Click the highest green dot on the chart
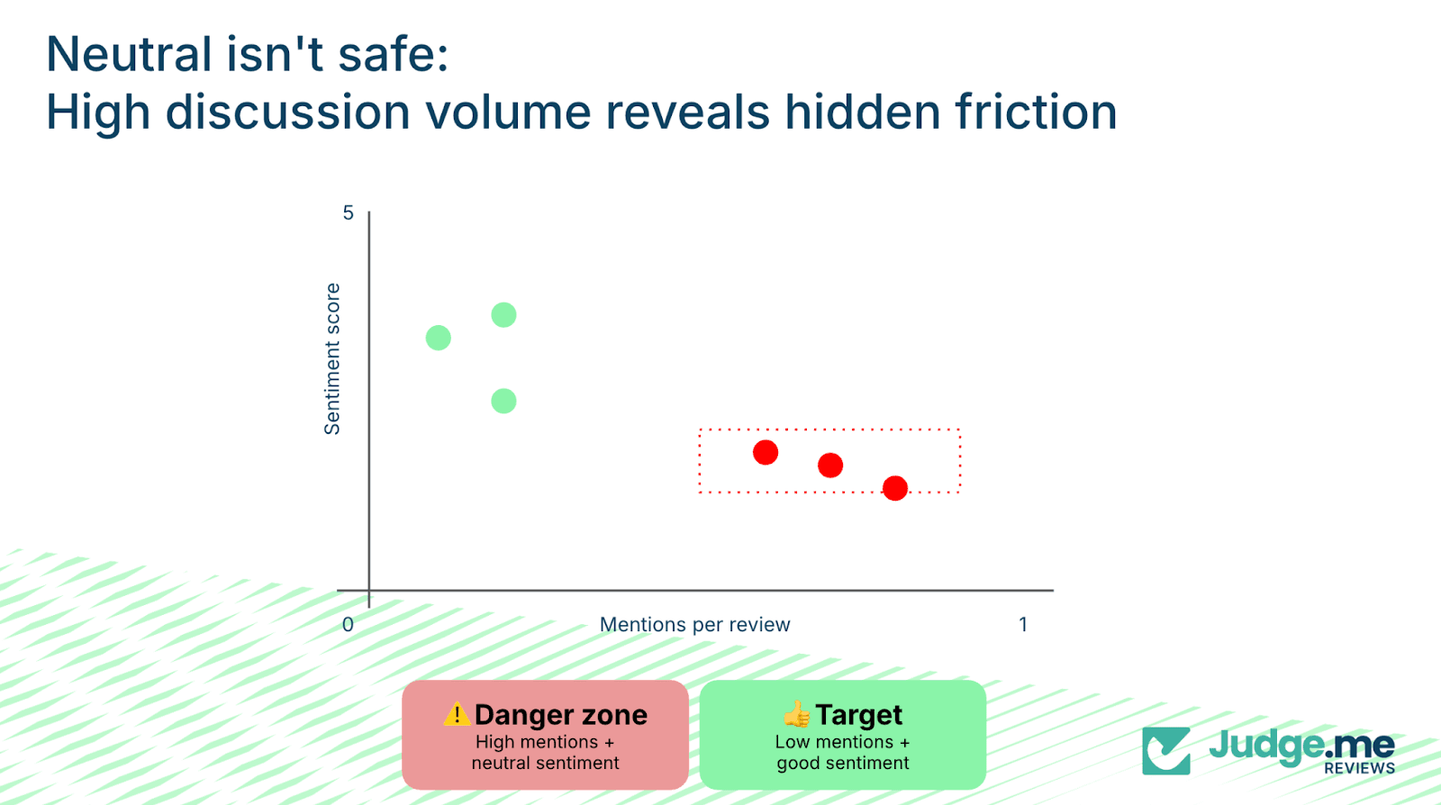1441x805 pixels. click(503, 315)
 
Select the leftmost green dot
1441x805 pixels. click(439, 338)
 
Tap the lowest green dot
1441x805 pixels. click(503, 401)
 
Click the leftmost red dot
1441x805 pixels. click(766, 452)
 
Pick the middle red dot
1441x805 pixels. click(830, 466)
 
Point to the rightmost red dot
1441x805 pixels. click(895, 488)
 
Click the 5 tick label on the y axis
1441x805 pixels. click(349, 213)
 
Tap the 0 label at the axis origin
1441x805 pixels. click(349, 625)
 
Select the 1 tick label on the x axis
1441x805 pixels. click(1023, 625)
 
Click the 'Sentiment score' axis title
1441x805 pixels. click(332, 358)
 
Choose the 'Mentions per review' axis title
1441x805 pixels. click(694, 625)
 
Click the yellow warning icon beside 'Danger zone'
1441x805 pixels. click(457, 714)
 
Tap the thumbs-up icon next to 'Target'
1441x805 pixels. click(797, 715)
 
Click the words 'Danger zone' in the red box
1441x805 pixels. click(560, 715)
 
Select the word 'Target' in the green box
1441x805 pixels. click(858, 715)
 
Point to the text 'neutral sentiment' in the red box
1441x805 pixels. click(545, 764)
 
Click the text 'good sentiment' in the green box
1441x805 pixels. click(843, 764)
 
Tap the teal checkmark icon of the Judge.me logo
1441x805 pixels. click(1166, 750)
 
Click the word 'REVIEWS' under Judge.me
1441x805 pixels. click(1359, 768)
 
